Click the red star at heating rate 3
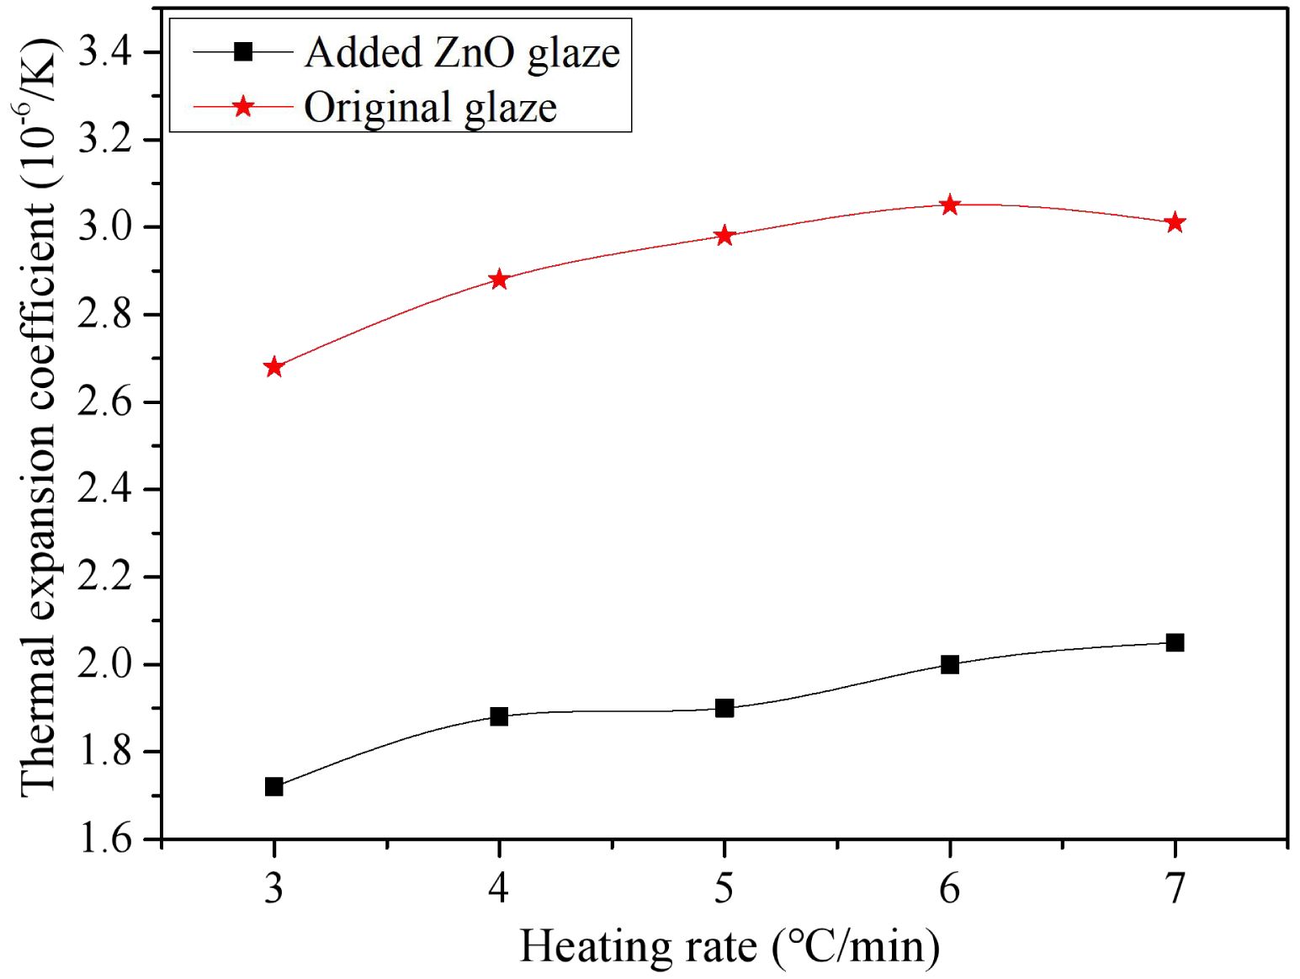273,367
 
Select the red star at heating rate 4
499,279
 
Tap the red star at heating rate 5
724,236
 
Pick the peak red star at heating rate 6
950,205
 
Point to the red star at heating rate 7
1175,223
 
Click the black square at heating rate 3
273,787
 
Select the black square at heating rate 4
499,717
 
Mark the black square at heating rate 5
724,708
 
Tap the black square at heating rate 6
950,664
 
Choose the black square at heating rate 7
1175,643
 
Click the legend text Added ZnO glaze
462,53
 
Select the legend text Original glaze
430,108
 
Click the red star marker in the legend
243,106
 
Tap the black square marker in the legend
243,52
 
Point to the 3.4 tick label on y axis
104,52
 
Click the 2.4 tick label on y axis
104,489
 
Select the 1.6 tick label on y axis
104,839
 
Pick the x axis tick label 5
724,888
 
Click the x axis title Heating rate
729,946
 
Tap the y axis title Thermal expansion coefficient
38,417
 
